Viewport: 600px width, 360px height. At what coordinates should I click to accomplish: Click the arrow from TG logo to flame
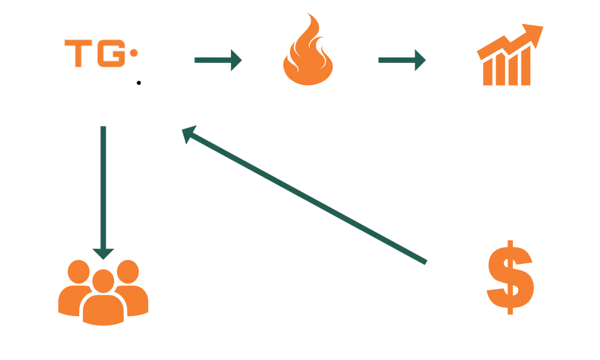tap(217, 60)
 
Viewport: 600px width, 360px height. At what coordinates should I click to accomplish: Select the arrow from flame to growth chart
tap(401, 61)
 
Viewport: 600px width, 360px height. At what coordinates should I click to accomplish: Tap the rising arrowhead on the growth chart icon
tap(535, 31)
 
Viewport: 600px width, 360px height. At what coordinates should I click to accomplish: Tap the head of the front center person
tap(103, 280)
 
